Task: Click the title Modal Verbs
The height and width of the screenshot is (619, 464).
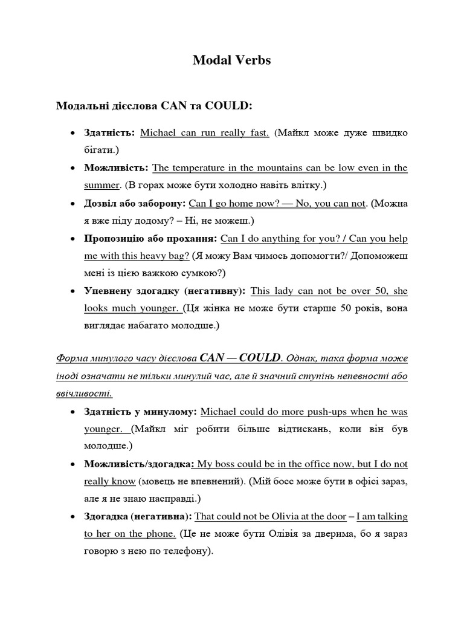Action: tap(232, 60)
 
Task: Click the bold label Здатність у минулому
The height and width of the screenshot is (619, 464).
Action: tap(141, 412)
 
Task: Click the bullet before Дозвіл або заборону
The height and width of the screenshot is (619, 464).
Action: tap(72, 204)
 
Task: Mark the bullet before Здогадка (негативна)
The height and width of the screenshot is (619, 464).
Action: tap(72, 517)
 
